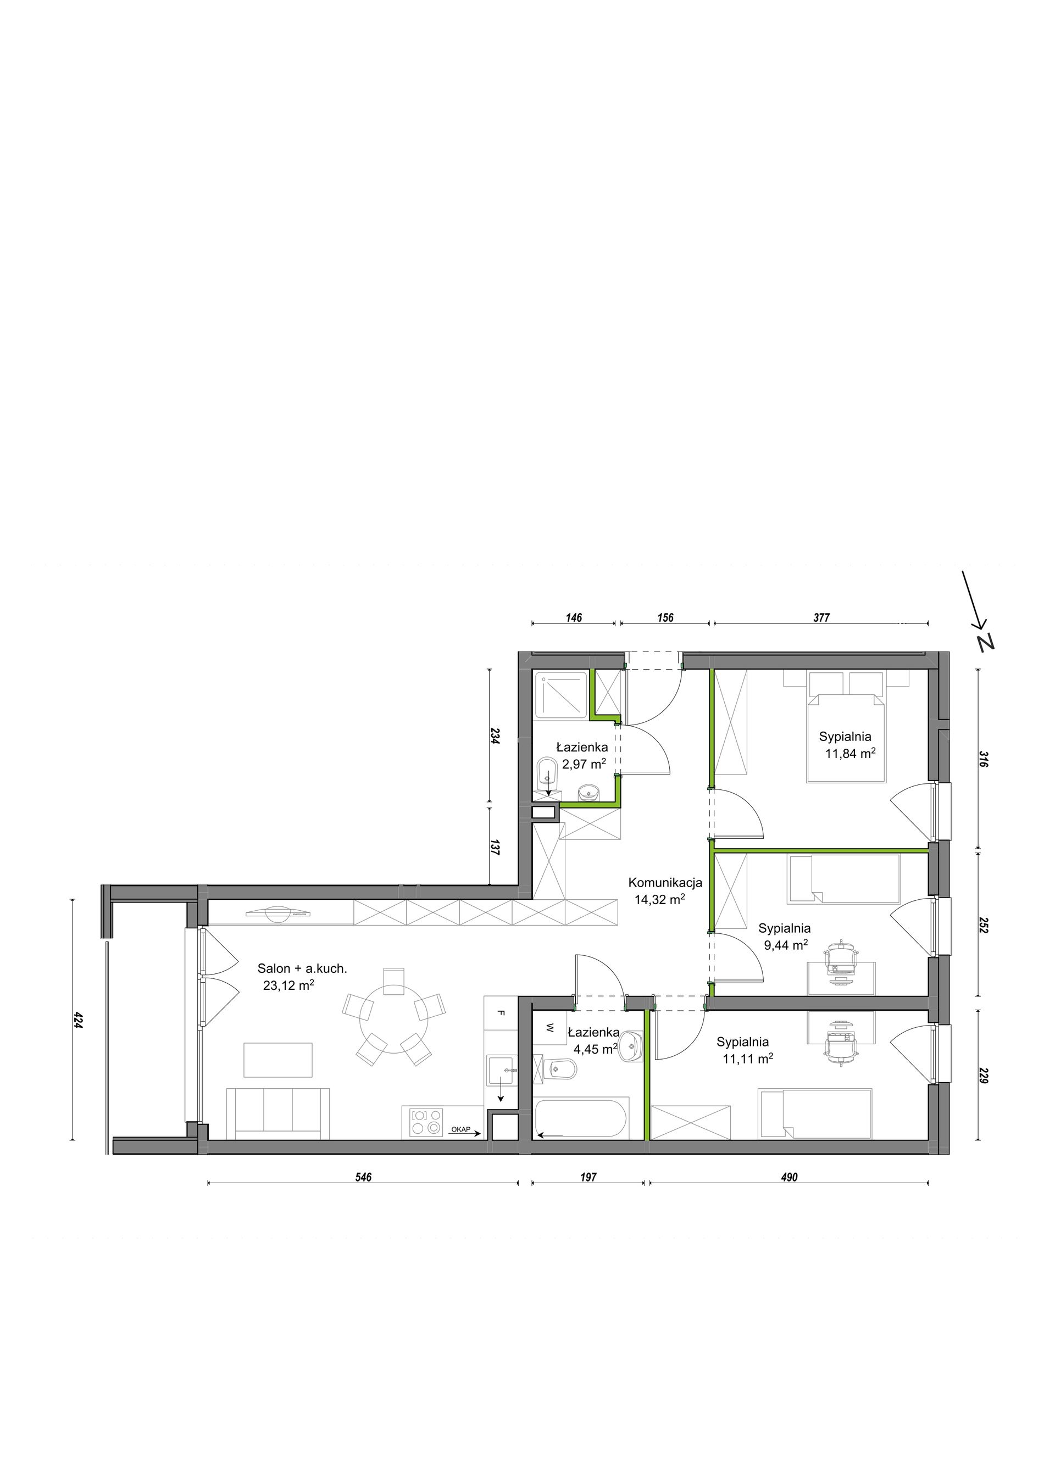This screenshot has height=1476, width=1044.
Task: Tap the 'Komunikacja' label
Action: click(x=665, y=883)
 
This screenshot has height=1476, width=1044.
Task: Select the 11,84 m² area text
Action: click(x=850, y=754)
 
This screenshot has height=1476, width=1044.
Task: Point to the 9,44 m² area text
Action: click(x=786, y=945)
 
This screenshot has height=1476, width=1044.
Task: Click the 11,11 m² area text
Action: click(x=747, y=1059)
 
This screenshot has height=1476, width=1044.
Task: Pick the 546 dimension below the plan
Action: click(x=364, y=1177)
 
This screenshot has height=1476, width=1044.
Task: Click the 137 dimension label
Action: click(x=495, y=847)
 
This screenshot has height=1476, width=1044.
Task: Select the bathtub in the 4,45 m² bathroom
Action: click(x=580, y=1118)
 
